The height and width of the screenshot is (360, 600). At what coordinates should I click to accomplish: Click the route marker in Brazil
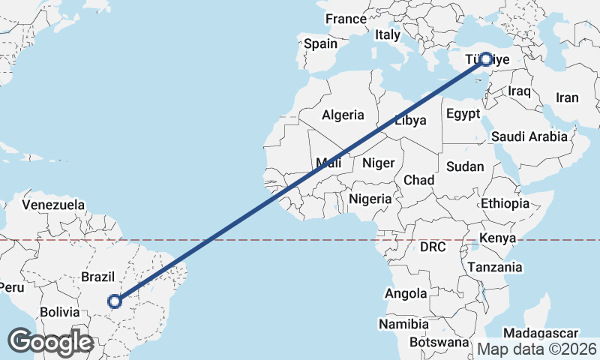115,301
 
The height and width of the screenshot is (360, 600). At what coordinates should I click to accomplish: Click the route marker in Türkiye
486,59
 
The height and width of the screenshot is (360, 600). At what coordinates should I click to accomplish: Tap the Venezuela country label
52,204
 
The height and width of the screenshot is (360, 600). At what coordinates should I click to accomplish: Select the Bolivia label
59,311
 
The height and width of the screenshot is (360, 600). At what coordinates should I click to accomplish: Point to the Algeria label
343,115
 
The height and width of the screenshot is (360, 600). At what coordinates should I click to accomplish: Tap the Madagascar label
540,333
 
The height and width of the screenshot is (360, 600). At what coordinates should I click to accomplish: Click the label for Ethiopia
505,203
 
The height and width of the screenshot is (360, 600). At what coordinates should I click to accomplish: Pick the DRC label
433,247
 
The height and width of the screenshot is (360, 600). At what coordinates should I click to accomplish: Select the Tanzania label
494,267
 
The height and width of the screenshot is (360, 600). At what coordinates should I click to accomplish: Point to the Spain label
320,43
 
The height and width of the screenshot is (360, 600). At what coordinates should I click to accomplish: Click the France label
346,19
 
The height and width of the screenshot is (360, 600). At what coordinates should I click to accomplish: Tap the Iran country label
567,97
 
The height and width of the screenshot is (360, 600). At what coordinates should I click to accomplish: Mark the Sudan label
465,166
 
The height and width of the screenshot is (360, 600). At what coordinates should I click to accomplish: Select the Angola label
406,294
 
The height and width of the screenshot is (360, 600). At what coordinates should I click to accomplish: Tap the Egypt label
463,114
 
